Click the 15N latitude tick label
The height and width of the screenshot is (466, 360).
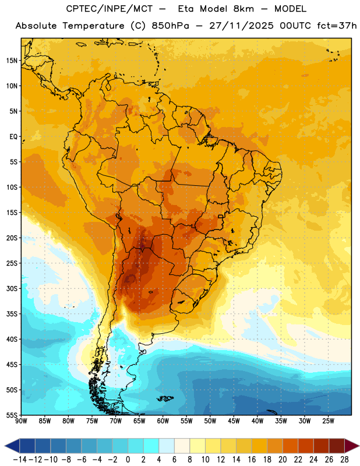tap(12, 61)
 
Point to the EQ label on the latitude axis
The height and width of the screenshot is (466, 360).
tap(13, 137)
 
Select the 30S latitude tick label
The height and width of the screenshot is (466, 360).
tap(12, 288)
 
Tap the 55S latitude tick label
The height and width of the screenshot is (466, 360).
tap(12, 415)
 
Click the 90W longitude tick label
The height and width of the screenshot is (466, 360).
tap(21, 421)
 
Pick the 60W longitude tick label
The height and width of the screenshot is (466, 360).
tap(163, 421)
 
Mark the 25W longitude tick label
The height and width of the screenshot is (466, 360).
tap(328, 421)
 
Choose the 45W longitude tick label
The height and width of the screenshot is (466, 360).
tap(234, 421)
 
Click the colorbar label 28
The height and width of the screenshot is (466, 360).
tap(344, 460)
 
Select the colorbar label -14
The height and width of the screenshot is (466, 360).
tap(20, 460)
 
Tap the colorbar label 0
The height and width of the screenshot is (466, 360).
tap(128, 460)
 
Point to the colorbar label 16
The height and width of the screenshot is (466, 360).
tap(252, 460)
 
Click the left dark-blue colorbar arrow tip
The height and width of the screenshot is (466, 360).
tap(5, 446)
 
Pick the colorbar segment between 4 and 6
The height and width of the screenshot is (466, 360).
tap(167, 446)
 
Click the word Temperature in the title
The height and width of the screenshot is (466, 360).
tap(93, 26)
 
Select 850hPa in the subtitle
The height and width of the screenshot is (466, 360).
tap(170, 26)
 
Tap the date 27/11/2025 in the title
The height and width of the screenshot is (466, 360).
tap(241, 26)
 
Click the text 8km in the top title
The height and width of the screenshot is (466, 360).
tap(243, 9)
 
